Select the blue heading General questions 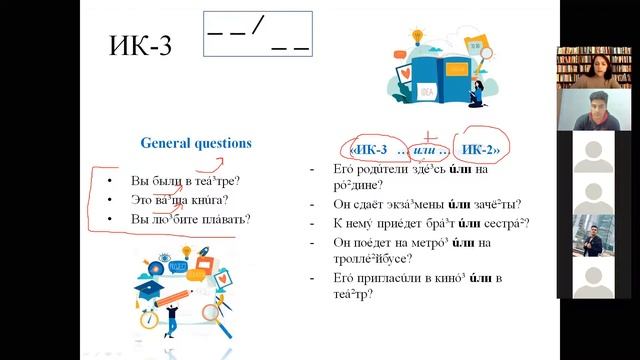coord(196,143)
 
